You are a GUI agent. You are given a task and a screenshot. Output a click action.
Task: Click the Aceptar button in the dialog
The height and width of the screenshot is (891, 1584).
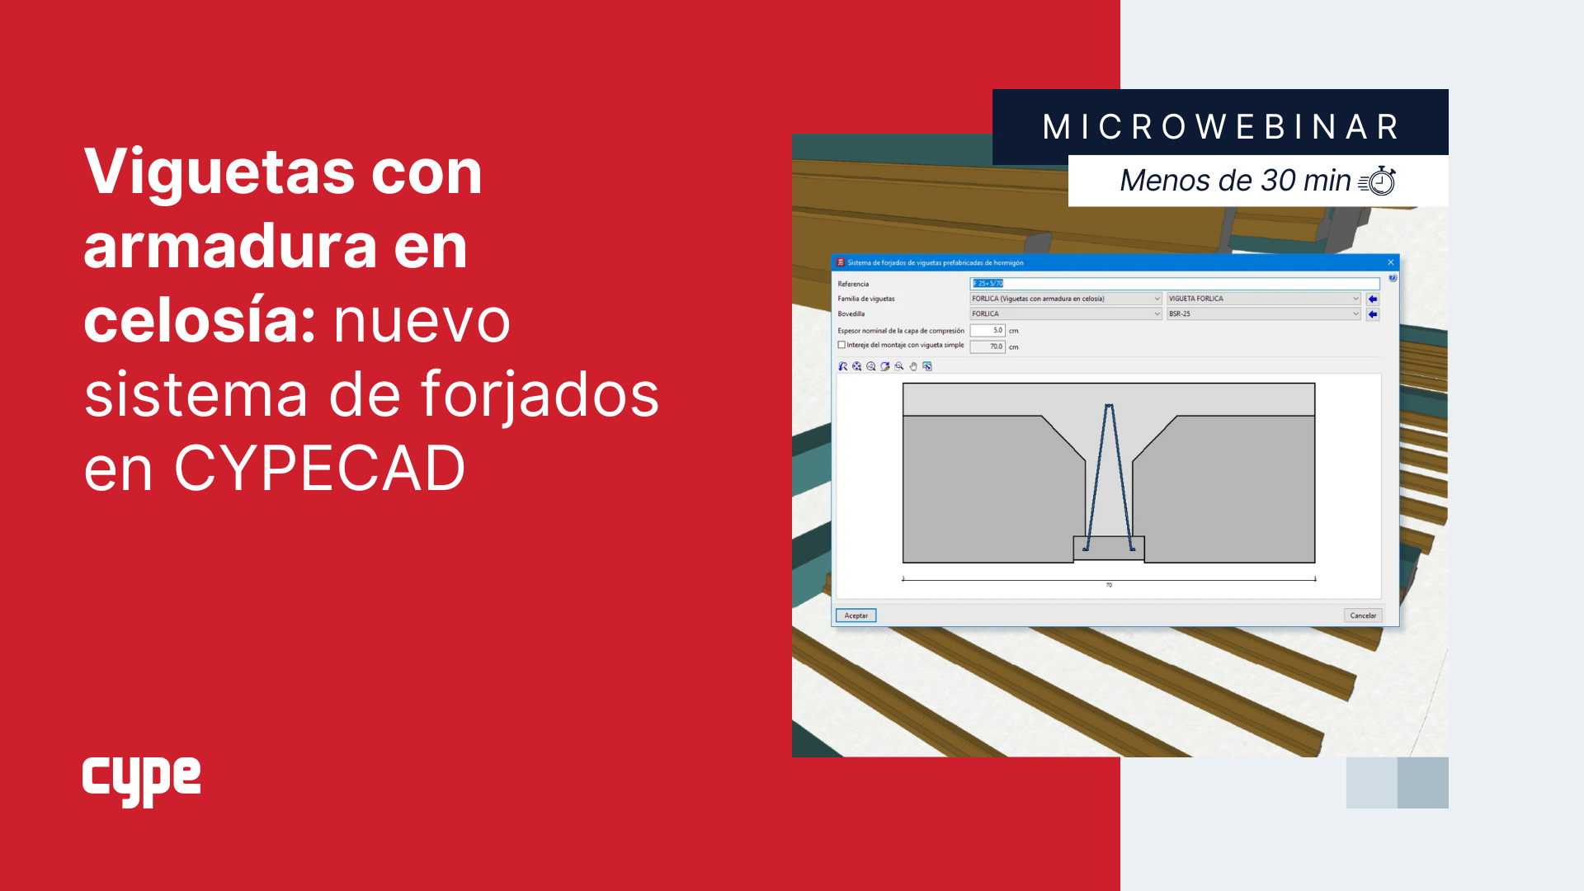coord(856,615)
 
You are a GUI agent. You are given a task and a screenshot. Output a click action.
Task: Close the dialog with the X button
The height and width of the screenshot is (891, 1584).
coord(1391,262)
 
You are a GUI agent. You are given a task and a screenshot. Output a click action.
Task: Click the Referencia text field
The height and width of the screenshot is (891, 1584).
coord(1174,284)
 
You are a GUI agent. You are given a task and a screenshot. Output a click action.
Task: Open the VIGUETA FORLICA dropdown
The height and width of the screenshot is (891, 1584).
coord(1263,299)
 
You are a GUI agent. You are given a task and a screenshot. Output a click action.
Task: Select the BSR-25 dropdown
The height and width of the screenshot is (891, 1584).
coord(1263,314)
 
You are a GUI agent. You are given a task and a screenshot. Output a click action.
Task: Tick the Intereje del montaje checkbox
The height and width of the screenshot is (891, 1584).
coord(841,346)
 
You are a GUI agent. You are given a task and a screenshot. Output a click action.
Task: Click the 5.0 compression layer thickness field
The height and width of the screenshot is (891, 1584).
coord(988,331)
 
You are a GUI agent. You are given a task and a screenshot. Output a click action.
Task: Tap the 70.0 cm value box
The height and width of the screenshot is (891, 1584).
coord(988,346)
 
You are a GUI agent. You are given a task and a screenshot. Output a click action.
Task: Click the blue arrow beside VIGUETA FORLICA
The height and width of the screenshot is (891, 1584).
coord(1373,299)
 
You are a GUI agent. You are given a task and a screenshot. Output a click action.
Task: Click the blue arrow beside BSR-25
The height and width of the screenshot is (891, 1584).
coord(1373,314)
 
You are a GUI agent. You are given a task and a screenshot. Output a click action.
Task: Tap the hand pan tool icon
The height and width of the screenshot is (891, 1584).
coord(913,366)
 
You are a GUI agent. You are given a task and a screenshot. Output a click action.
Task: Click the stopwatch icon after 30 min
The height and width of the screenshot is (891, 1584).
coord(1378,181)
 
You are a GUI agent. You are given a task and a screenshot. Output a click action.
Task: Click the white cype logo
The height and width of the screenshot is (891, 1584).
coord(141,780)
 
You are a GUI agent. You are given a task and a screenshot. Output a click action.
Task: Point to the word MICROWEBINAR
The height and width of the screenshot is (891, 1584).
coord(1221,127)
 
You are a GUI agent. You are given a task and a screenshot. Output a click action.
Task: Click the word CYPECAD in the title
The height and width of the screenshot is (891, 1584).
coord(319,469)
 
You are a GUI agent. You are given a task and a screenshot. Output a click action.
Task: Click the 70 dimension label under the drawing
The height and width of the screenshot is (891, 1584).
coord(1109,585)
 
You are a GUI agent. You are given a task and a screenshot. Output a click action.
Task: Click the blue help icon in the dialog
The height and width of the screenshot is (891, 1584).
coord(1393,279)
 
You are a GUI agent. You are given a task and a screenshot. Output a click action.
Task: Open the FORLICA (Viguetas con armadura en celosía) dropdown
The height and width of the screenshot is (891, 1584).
coord(1065,299)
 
